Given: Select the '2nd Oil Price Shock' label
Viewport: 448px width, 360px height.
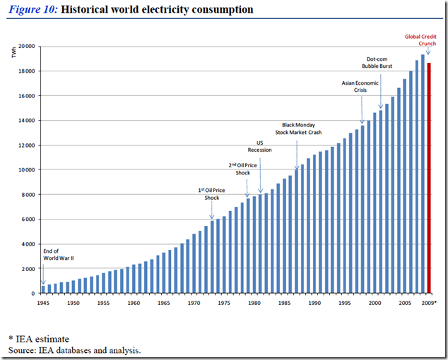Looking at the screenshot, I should [x=243, y=169].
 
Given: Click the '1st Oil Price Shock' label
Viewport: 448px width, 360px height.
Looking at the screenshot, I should [x=213, y=194].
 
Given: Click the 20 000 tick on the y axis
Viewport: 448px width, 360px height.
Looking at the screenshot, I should [x=27, y=46].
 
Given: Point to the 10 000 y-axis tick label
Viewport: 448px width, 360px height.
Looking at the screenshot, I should [x=27, y=170].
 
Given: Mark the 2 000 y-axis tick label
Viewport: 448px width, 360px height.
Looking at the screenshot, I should [x=28, y=269].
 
